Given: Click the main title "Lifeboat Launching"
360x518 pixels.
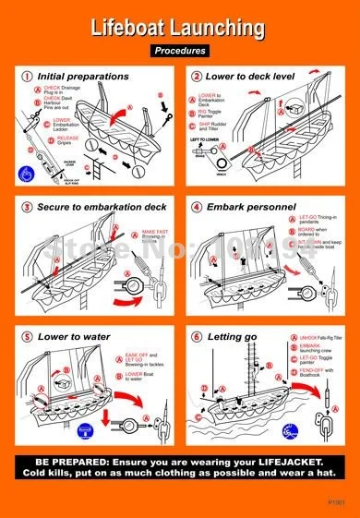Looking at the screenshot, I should [x=180, y=30].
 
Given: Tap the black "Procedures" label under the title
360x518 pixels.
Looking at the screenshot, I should [x=180, y=51].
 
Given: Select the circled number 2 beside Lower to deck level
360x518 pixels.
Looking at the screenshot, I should [x=197, y=76].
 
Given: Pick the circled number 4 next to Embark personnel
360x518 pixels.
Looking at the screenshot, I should [x=197, y=206].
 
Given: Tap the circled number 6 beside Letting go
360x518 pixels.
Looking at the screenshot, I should [x=197, y=337].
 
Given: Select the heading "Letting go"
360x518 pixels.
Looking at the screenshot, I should [x=235, y=337].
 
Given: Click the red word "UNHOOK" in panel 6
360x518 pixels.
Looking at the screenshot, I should [x=295, y=365].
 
